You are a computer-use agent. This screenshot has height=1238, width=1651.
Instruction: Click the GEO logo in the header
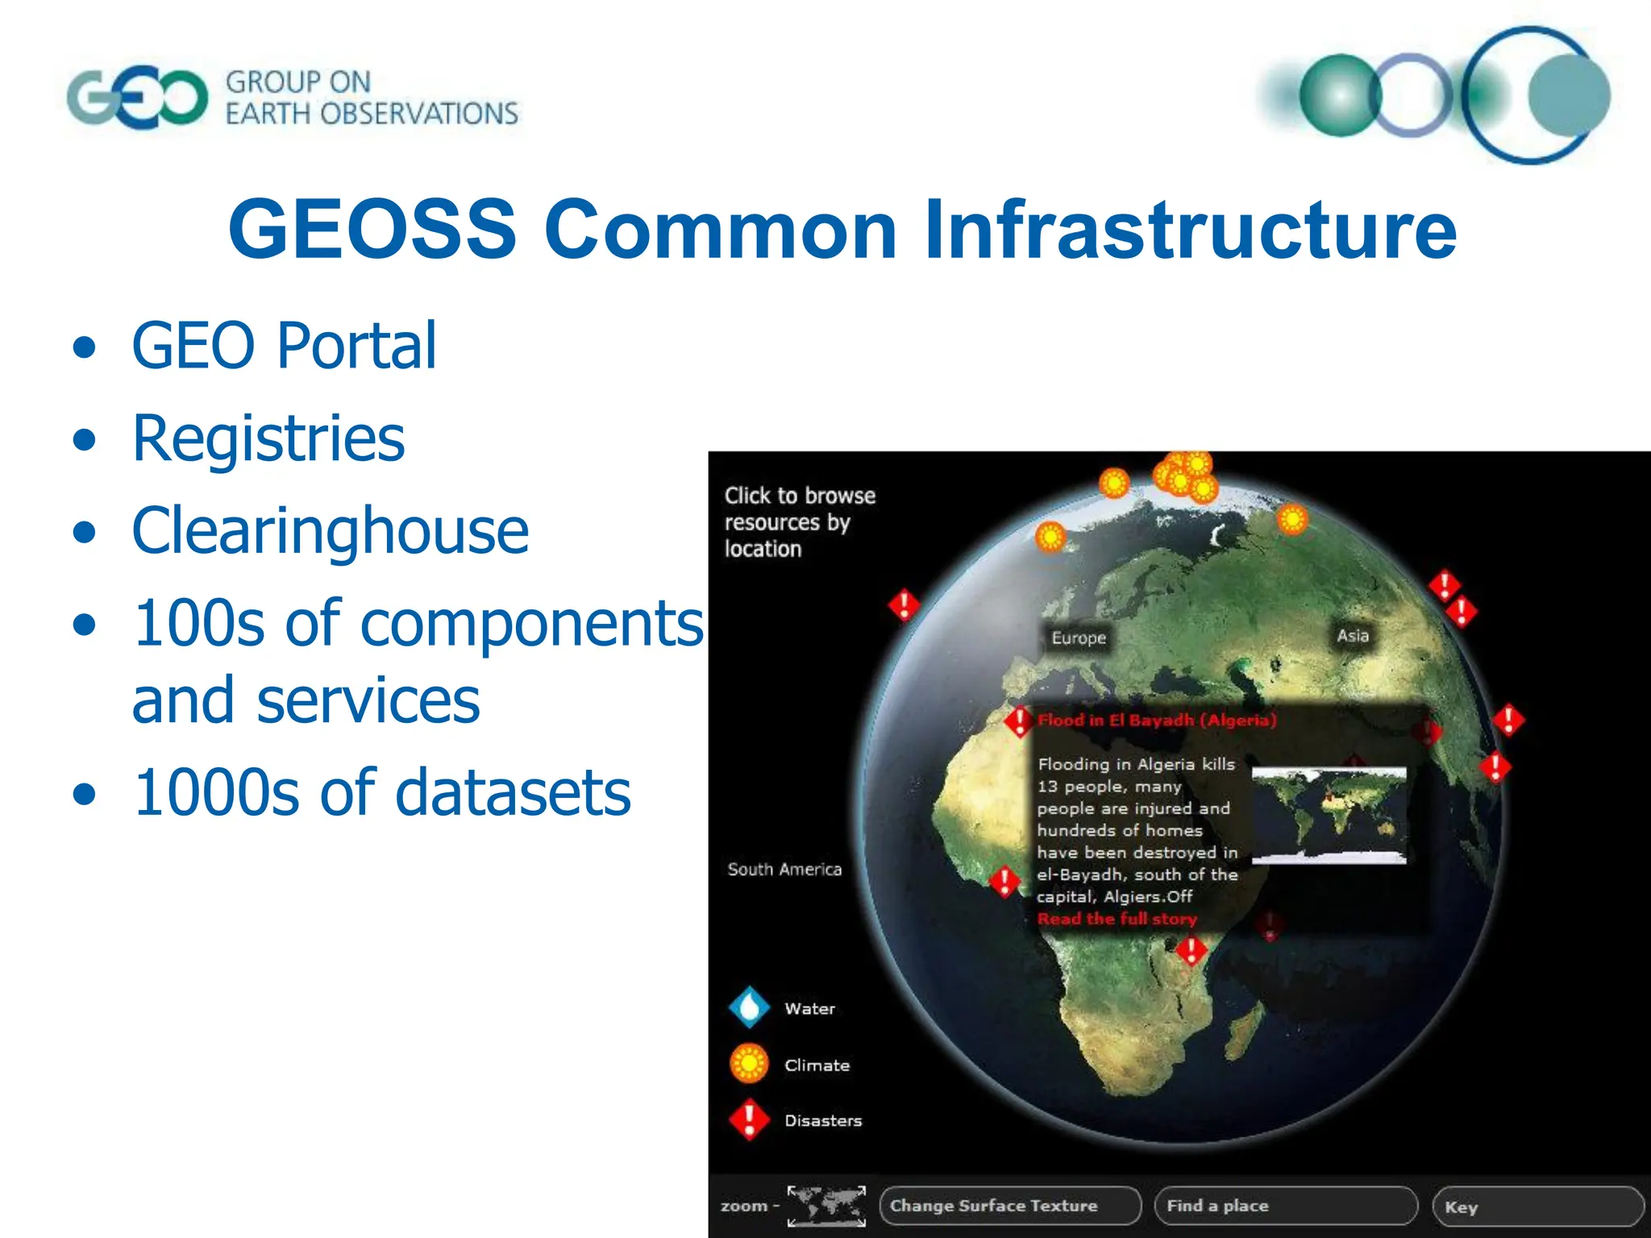point(137,98)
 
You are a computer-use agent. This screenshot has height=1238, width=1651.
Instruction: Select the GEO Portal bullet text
point(284,346)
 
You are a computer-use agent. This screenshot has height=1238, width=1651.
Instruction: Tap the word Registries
point(268,438)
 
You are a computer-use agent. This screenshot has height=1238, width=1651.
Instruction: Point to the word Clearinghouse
point(330,531)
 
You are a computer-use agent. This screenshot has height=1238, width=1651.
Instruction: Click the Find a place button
point(1285,1206)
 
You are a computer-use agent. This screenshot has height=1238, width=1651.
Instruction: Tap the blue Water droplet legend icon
point(750,1007)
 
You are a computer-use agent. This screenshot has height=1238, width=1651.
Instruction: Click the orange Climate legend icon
point(750,1064)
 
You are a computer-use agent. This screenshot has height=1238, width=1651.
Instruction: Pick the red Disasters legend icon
point(750,1120)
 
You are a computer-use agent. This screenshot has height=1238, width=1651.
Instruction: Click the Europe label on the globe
point(1079,638)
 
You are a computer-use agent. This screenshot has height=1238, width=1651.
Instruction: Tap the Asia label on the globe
point(1353,635)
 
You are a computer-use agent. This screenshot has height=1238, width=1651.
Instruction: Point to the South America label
point(784,869)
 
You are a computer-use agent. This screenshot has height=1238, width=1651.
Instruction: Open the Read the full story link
point(1117,919)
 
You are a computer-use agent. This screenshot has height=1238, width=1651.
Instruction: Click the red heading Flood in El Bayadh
point(1156,720)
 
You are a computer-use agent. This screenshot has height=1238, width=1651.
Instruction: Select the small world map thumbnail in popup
point(1329,815)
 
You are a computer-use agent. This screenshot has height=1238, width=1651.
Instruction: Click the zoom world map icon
point(826,1206)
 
